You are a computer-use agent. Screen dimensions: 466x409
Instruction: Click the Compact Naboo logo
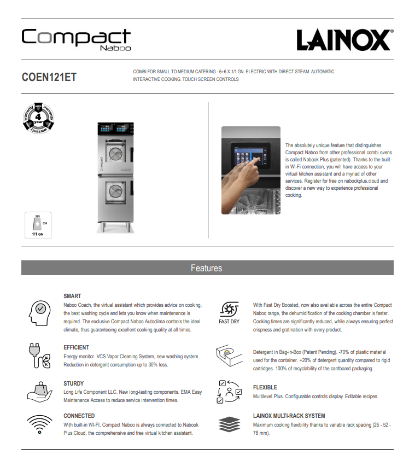click(x=76, y=39)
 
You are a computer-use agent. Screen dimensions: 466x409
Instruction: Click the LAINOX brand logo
click(x=344, y=40)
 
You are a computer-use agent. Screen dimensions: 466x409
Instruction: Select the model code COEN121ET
click(x=49, y=77)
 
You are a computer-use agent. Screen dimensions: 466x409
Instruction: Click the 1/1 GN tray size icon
click(x=38, y=225)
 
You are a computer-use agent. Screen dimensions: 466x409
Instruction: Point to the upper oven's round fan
click(x=116, y=155)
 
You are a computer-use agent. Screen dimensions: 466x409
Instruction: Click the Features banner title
click(x=206, y=268)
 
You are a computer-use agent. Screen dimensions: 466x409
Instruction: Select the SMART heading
click(x=72, y=296)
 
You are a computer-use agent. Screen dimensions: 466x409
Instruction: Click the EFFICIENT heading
click(x=76, y=347)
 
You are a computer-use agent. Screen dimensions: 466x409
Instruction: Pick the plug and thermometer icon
click(x=39, y=356)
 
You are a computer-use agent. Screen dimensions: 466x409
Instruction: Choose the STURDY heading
click(x=74, y=383)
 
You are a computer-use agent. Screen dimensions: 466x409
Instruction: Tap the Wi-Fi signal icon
click(x=39, y=424)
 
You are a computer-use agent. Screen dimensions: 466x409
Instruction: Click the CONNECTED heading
click(x=79, y=416)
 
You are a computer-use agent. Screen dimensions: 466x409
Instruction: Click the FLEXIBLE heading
click(x=265, y=387)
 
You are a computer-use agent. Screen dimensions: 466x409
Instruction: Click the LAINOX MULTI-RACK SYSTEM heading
click(x=289, y=416)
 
